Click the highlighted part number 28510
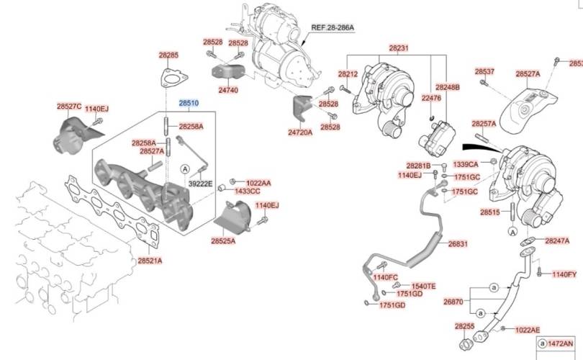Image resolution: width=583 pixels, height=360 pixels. coord(189,104)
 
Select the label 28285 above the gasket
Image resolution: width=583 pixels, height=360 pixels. coord(169,55)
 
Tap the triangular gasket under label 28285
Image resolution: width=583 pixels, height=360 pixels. coord(169,78)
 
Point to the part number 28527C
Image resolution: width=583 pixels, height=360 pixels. coord(69,107)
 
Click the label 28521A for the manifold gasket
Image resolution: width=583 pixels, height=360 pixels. coord(150,261)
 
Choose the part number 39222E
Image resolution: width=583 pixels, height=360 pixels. coord(200,184)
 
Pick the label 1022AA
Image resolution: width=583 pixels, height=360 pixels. coord(258,183)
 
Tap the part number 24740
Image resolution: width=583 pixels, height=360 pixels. coord(227,91)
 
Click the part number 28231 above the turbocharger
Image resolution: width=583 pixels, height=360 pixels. coord(399,48)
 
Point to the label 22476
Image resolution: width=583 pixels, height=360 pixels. coord(431,97)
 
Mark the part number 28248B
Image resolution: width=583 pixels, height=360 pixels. coord(447,87)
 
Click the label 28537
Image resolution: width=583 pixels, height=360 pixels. coord(484,72)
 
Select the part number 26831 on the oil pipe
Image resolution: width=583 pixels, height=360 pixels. coord(458,244)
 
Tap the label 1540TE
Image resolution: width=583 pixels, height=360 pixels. coord(423,286)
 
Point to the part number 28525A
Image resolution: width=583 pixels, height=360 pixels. coord(223,241)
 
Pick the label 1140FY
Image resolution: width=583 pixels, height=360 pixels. coord(564,274)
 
